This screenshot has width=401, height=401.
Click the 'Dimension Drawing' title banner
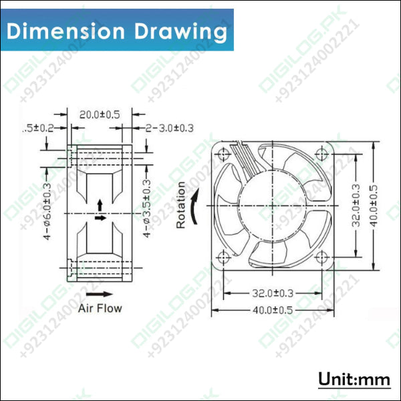[117, 31]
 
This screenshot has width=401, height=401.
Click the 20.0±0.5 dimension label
[100, 114]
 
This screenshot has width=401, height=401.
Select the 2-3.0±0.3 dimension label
[168, 128]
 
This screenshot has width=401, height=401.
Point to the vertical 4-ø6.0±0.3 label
[46, 207]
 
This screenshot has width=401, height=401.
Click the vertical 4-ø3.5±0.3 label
[146, 208]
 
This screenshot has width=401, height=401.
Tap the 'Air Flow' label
[100, 308]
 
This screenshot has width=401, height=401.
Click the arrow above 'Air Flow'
[100, 293]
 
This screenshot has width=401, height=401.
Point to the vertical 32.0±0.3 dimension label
[357, 206]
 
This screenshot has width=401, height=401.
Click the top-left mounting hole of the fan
[224, 154]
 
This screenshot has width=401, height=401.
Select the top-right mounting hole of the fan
[322, 154]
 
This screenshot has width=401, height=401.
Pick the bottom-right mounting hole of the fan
[322, 256]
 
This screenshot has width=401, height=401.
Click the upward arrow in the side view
[100, 203]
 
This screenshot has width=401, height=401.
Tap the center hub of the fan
[273, 205]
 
